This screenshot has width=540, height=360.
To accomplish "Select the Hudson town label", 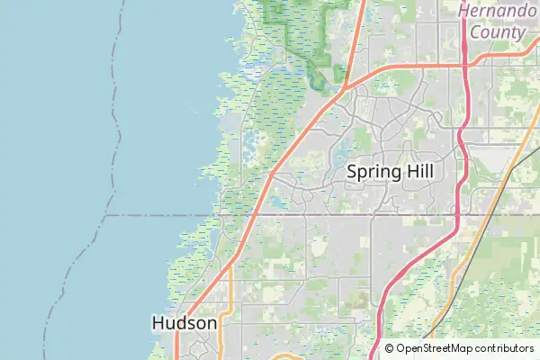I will (184, 322).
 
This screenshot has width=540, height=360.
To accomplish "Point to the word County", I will (496, 31).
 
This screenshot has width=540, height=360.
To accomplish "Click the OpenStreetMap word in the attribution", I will (435, 348).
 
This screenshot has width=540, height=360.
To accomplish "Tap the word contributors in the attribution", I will (504, 348).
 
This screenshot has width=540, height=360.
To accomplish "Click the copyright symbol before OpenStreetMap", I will (390, 348).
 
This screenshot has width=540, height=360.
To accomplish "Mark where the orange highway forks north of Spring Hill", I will (346, 86).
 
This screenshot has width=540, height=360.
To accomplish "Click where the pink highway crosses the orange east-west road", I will (463, 64).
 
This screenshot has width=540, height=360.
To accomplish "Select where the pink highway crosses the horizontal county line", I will (456, 216).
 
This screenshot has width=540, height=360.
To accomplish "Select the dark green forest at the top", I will (306, 27).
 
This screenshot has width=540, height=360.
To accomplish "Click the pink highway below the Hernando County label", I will (463, 99).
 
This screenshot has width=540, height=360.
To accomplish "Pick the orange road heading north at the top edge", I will (361, 18).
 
